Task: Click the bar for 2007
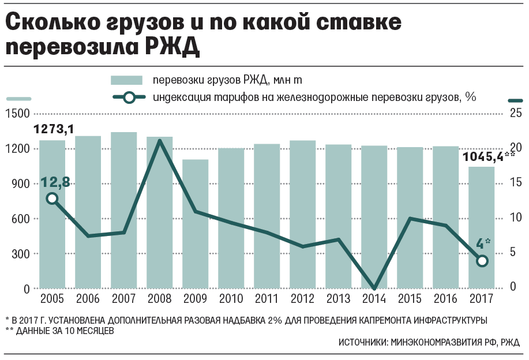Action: coord(124,211)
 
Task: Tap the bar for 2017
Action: coord(482,227)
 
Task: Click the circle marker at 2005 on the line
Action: coord(52,198)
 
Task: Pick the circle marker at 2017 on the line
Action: coord(482,261)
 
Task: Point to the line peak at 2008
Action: coord(160,141)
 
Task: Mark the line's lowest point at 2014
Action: coord(374,288)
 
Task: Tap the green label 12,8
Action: coord(55,182)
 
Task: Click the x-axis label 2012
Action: coord(303,299)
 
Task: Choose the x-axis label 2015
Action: coord(410,299)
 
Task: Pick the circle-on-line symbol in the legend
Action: coord(129,97)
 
